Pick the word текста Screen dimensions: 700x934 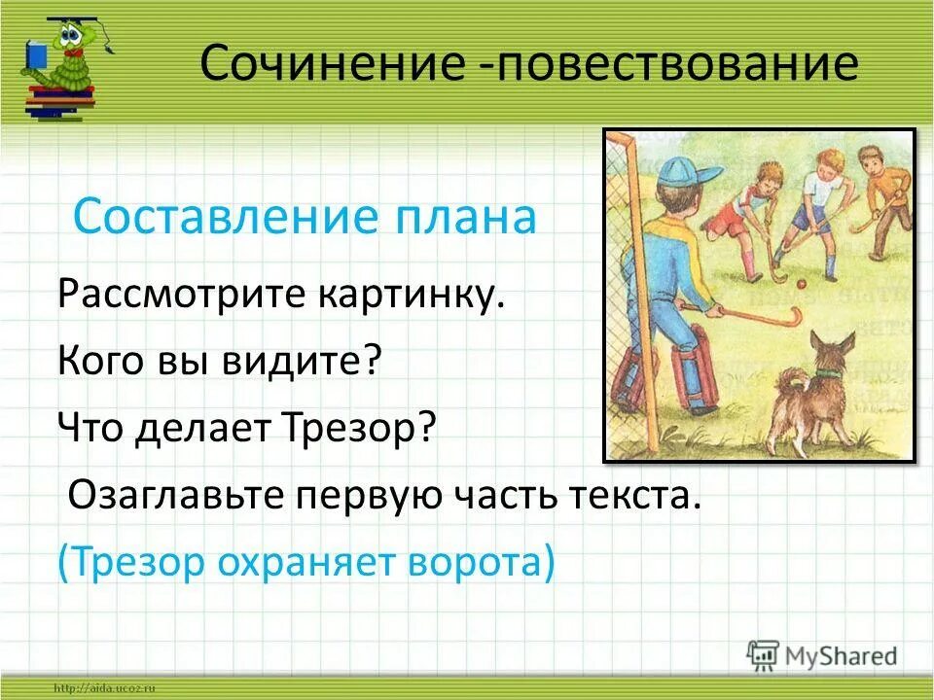631,496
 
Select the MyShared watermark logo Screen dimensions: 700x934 822,655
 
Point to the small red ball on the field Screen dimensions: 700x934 802,285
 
